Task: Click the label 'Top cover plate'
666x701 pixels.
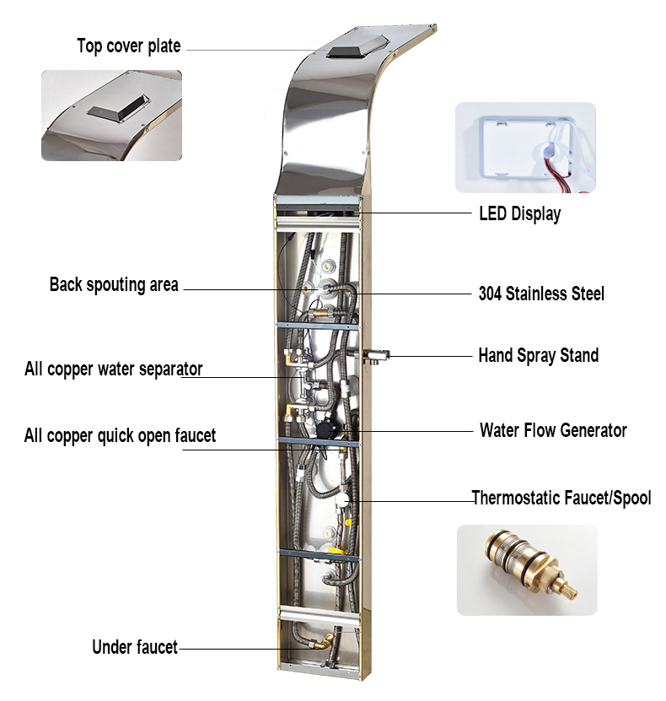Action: (128, 46)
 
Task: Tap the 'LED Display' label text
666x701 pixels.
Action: (519, 213)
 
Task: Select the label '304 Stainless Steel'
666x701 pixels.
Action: (541, 294)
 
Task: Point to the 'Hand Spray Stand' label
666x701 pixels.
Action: (538, 355)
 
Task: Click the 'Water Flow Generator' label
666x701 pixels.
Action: (553, 430)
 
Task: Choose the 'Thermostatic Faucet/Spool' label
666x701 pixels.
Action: (561, 498)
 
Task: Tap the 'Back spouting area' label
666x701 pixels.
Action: (114, 285)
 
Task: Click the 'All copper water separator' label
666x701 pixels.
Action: (113, 369)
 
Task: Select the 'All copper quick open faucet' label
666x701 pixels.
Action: (120, 435)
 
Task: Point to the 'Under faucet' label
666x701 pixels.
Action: (135, 647)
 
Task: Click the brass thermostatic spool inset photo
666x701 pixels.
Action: (526, 569)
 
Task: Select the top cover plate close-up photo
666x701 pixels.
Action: (111, 115)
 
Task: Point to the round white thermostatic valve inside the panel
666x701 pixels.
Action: (342, 500)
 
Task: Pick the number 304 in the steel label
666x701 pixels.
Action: (491, 294)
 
